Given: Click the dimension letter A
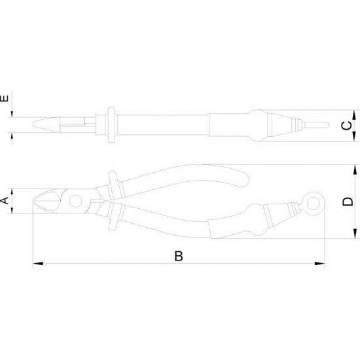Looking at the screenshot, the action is pyautogui.click(x=5, y=201).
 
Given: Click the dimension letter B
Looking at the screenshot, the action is pyautogui.click(x=179, y=256).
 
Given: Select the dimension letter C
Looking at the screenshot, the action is pyautogui.click(x=347, y=126).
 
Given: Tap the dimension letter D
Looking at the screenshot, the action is pyautogui.click(x=348, y=202).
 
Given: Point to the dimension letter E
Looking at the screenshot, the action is pyautogui.click(x=5, y=98).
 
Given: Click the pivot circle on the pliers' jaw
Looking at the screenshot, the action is pyautogui.click(x=75, y=201).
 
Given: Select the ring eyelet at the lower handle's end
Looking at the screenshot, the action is pyautogui.click(x=314, y=204).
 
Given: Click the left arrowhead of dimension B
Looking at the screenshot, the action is pyautogui.click(x=38, y=263).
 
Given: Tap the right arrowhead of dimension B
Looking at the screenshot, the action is pyautogui.click(x=319, y=263).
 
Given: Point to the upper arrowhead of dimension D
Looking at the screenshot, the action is pyautogui.click(x=355, y=170).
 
